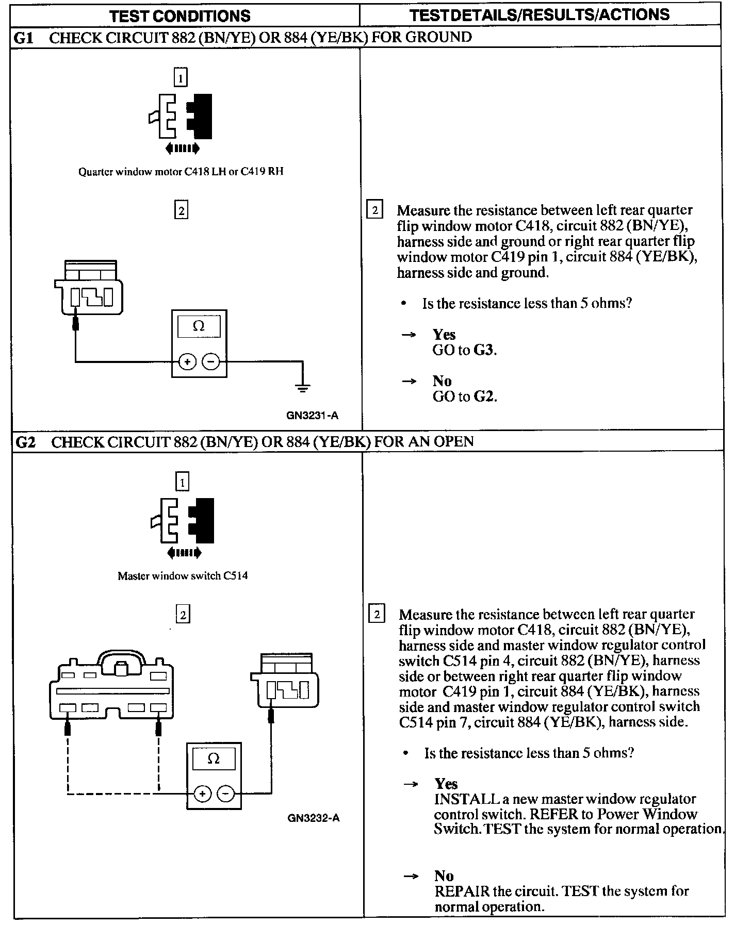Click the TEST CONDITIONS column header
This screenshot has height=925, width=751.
[180, 15]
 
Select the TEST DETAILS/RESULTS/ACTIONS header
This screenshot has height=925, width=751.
[540, 14]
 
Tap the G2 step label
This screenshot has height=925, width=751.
[26, 442]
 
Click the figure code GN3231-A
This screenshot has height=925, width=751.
[313, 416]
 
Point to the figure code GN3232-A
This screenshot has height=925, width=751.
[314, 818]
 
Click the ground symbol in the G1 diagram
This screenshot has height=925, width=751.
[303, 388]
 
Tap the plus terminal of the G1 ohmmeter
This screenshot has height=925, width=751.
[187, 362]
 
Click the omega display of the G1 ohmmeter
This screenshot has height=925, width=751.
[199, 326]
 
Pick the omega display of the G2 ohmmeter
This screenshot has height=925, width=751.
[214, 758]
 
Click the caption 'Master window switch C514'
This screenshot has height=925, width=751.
[183, 576]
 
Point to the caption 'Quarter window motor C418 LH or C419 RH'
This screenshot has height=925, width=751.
[181, 172]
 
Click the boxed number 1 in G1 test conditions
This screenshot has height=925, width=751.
[180, 78]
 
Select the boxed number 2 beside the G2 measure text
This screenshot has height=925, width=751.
[377, 615]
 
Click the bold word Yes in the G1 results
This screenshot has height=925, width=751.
[444, 335]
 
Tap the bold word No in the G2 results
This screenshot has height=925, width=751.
[444, 876]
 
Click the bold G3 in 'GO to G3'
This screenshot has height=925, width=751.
[484, 351]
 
